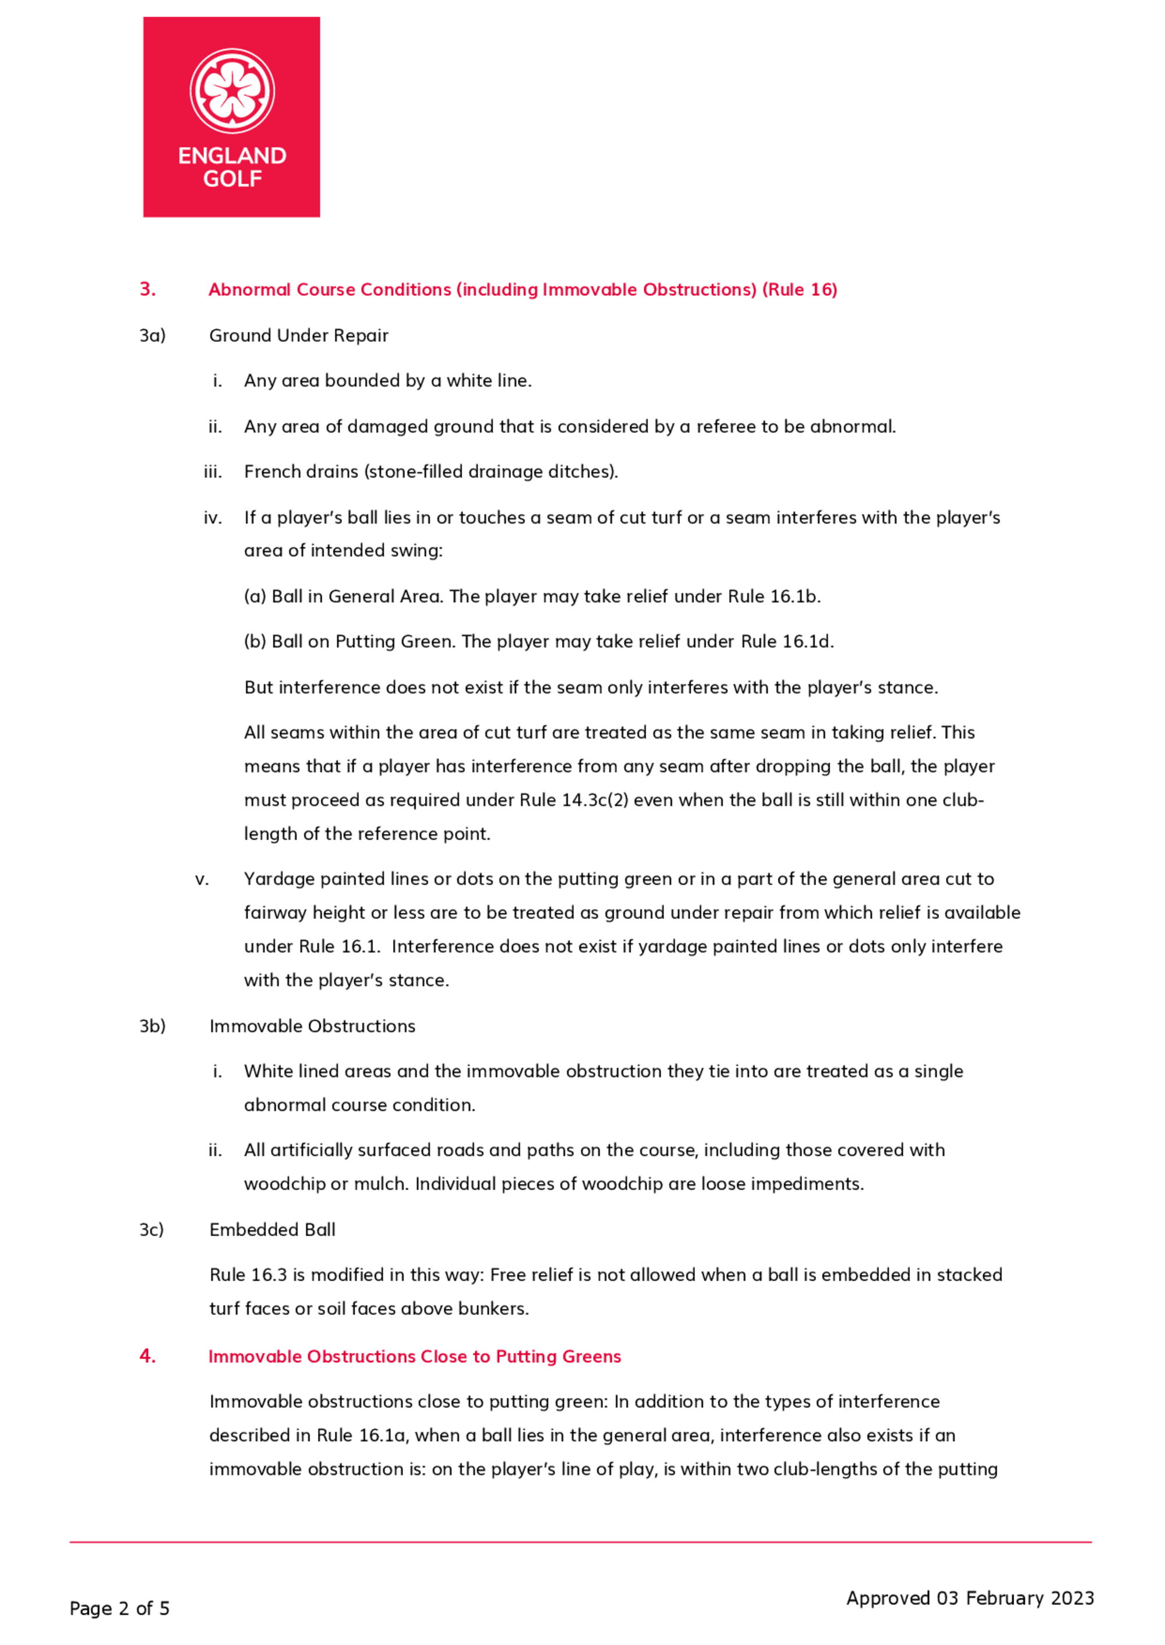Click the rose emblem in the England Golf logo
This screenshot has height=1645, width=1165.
tap(232, 91)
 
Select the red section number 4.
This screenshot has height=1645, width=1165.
tap(147, 1356)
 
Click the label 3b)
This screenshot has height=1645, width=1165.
tap(152, 1026)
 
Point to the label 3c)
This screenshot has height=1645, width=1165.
tap(151, 1230)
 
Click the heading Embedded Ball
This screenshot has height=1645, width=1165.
tap(272, 1230)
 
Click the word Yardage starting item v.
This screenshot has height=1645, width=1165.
tap(279, 879)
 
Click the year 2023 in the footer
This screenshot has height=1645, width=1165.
tap(1072, 1598)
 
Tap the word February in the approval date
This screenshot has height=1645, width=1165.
tap(1004, 1598)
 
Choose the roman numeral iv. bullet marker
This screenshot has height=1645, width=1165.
tap(213, 518)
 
